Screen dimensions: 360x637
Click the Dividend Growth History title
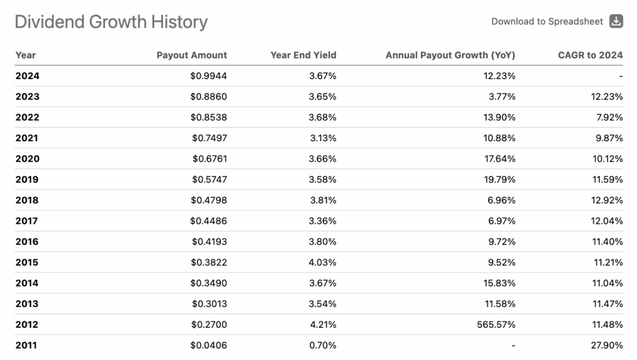pos(111,22)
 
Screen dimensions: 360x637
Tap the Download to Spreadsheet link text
pos(547,21)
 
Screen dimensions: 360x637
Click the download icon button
pos(616,21)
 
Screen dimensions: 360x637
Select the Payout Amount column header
pos(192,55)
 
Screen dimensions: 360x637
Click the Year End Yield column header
pos(303,55)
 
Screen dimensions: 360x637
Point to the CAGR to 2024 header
pos(590,55)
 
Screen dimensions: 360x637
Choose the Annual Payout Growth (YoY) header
pos(450,55)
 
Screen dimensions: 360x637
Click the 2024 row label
pos(27,76)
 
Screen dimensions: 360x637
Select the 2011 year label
pos(27,345)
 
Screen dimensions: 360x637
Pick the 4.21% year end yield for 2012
pos(323,325)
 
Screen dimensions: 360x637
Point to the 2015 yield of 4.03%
pos(323,262)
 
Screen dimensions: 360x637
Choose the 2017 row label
pos(27,221)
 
